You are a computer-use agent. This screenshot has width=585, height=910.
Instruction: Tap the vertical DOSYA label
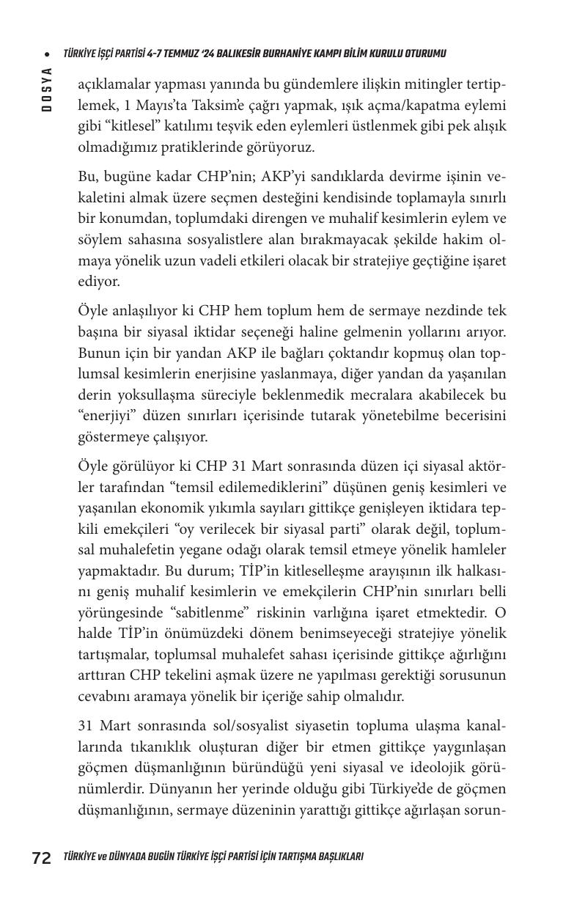46,89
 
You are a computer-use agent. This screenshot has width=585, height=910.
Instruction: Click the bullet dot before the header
47,54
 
